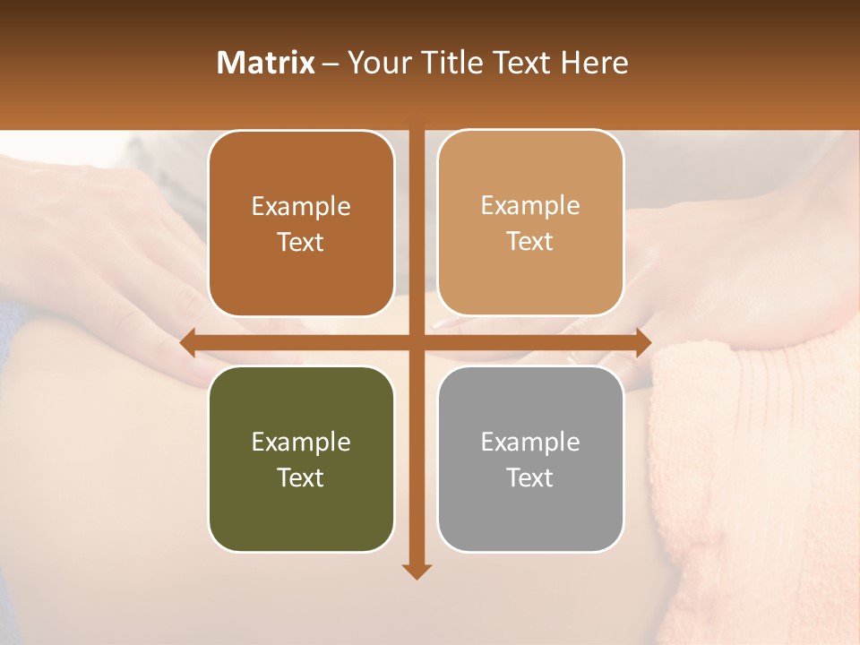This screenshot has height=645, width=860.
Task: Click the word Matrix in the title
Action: point(266,63)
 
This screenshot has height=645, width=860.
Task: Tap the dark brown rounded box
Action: point(301,224)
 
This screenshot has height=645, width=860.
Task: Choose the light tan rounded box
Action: point(530,223)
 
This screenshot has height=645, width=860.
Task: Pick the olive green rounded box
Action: point(301,460)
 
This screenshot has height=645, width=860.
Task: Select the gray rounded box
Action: point(530,460)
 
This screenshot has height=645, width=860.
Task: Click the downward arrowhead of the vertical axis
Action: point(416,571)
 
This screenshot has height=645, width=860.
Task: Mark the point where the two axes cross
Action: point(416,342)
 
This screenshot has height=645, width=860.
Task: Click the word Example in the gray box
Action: point(530,442)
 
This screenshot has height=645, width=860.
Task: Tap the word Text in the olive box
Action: point(301,477)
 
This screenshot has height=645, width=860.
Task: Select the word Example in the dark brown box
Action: point(301,206)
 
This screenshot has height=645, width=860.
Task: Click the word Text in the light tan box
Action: point(530,241)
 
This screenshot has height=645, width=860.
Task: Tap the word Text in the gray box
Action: point(530,477)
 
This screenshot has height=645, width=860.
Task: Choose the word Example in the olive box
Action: point(301,442)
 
